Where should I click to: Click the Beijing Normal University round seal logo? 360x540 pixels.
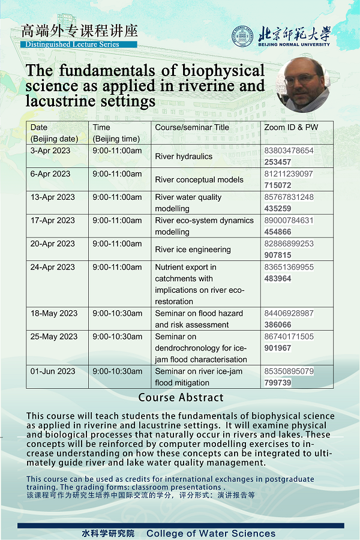[242, 36]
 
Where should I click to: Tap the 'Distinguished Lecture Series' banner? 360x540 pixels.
[79, 44]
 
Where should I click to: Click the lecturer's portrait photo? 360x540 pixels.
[303, 84]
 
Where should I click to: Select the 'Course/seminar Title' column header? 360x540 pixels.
[192, 127]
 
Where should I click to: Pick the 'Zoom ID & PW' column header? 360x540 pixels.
[291, 127]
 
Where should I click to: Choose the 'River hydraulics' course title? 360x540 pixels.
[184, 157]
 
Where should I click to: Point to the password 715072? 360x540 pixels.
[278, 185]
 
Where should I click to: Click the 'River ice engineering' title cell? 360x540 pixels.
[193, 250]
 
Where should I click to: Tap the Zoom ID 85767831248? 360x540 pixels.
[289, 197]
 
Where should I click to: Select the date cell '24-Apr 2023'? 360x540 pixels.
[53, 267]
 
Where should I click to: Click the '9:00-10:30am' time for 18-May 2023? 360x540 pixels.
[118, 313]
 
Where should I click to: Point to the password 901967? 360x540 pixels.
[278, 348]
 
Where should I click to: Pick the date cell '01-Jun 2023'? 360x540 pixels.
[53, 371]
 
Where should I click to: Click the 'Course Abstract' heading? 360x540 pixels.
[181, 398]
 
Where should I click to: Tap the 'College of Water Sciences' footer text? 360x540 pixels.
[211, 533]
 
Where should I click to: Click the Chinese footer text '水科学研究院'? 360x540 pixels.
[108, 533]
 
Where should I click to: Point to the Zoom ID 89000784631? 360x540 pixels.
[289, 221]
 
